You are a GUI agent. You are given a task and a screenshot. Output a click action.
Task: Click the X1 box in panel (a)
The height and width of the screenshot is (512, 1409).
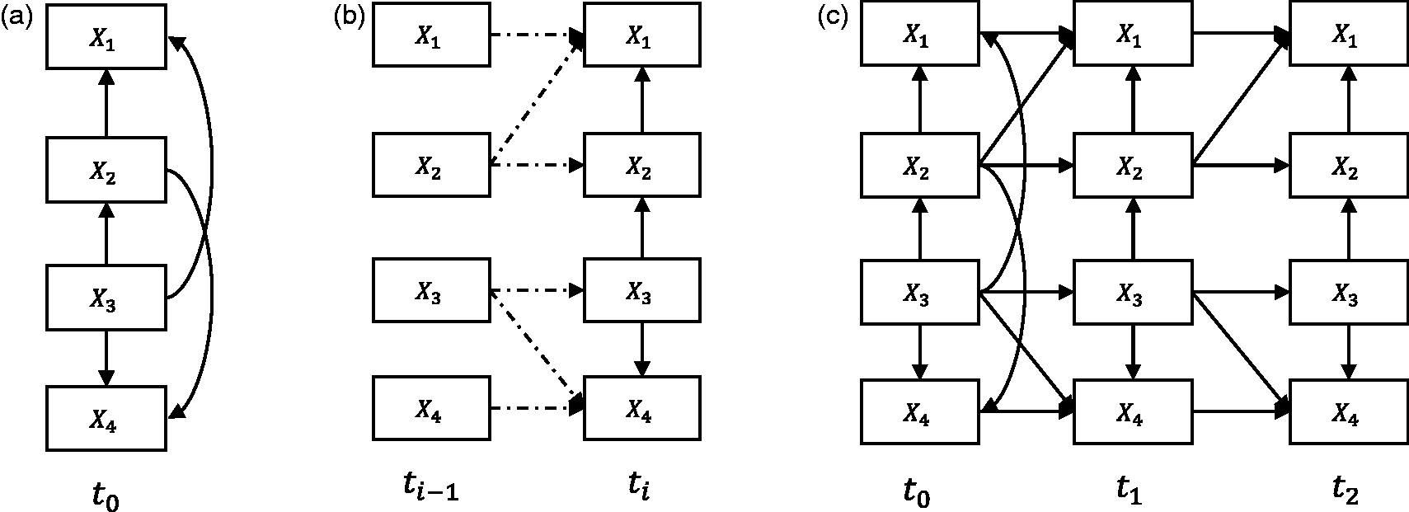pos(106,36)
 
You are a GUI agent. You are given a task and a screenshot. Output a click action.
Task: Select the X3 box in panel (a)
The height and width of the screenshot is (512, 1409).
pos(106,298)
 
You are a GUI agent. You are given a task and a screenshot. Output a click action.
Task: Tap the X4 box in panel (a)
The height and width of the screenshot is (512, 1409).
pos(106,418)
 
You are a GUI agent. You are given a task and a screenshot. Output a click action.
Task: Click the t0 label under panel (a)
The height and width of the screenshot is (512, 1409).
pos(106,496)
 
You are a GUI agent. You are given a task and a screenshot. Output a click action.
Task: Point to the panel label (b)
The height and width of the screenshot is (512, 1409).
pos(349,17)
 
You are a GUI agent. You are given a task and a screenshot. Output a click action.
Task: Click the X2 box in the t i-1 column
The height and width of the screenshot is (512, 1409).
pos(431,165)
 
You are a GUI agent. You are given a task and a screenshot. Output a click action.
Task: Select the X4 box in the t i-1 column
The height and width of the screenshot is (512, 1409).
pos(431,408)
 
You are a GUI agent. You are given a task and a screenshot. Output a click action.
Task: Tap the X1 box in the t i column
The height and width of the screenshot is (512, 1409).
pos(642,35)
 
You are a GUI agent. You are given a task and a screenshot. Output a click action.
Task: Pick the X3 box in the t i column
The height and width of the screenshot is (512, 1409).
pos(642,290)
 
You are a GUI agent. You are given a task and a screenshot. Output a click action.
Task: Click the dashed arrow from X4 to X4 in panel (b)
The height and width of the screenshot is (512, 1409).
pos(538,408)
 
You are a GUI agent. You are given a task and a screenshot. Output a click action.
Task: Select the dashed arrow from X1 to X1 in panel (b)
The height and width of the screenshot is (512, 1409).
pos(538,34)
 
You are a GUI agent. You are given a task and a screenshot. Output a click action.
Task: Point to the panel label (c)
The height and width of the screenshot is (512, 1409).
pos(832,17)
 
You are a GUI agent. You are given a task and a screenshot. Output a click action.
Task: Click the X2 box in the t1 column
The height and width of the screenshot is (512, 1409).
pos(1133,165)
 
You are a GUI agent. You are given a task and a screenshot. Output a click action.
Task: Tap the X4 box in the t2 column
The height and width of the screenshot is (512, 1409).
pos(1349,412)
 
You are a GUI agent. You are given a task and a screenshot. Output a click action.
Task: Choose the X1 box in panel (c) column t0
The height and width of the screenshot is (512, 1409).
pos(919,33)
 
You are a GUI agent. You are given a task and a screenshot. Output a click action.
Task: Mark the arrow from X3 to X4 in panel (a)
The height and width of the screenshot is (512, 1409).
pos(106,358)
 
